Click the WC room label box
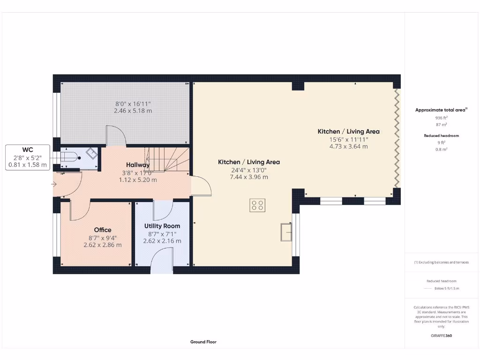pyautogui.click(x=28, y=157)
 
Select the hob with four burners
pyautogui.click(x=257, y=205)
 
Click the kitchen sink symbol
pyautogui.click(x=286, y=232)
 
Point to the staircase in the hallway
pyautogui.click(x=168, y=159)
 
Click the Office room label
pyautogui.click(x=103, y=230)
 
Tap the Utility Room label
pyautogui.click(x=162, y=226)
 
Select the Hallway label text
pyautogui.click(x=138, y=165)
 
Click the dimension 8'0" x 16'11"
pyautogui.click(x=133, y=104)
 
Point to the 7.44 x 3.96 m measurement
pyautogui.click(x=249, y=177)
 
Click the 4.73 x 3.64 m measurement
pyautogui.click(x=348, y=146)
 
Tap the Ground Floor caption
pyautogui.click(x=203, y=342)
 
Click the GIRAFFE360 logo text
pyautogui.click(x=441, y=336)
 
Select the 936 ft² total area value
pyautogui.click(x=441, y=118)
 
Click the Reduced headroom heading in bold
pyautogui.click(x=441, y=135)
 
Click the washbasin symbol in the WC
pyautogui.click(x=91, y=153)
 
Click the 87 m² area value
pyautogui.click(x=441, y=125)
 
